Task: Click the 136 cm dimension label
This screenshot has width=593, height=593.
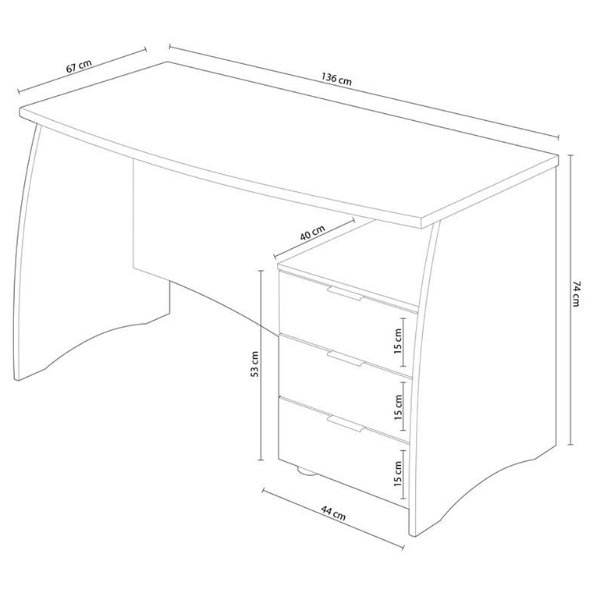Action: [336, 79]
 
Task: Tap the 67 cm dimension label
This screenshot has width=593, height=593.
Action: [79, 66]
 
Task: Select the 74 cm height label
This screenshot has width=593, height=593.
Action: [576, 293]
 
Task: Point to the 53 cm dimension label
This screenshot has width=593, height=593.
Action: [254, 364]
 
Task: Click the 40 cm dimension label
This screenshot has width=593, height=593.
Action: [312, 233]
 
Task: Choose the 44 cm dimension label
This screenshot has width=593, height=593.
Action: [333, 513]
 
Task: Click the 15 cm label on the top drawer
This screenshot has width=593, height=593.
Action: [398, 341]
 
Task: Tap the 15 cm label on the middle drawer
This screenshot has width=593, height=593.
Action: [398, 407]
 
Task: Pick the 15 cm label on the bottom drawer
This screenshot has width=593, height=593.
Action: [398, 474]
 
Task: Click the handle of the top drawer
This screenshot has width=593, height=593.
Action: [346, 294]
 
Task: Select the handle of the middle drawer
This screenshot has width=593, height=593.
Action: [346, 359]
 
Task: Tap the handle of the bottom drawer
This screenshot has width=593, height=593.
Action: [346, 424]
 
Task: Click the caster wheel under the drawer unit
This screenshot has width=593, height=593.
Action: [307, 470]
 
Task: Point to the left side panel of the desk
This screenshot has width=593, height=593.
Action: [76, 242]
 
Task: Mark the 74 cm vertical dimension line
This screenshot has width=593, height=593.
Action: [571, 300]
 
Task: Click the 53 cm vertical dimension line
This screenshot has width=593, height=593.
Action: [261, 365]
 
